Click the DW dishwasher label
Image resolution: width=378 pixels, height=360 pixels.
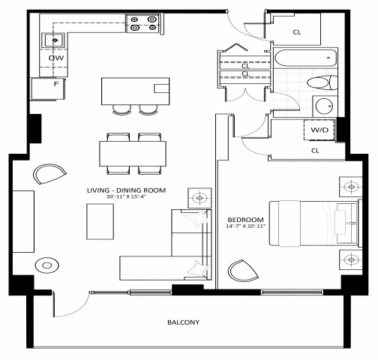tap(55, 57)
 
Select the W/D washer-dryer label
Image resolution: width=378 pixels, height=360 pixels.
tap(319, 130)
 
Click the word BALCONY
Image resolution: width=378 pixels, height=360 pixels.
tap(184, 323)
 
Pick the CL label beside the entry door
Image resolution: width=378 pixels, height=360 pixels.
tap(296, 32)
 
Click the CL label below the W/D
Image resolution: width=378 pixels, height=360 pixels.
tap(316, 150)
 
